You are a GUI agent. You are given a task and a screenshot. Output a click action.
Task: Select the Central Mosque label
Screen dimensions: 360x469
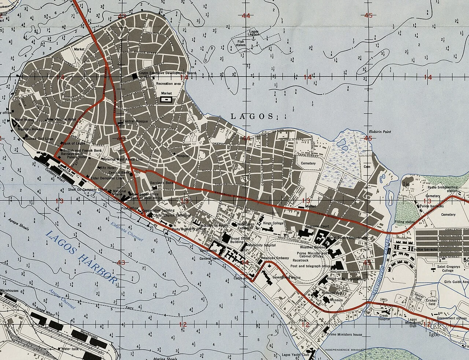[x=135, y=121]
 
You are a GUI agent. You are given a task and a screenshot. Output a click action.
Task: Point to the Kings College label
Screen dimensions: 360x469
[x=273, y=223]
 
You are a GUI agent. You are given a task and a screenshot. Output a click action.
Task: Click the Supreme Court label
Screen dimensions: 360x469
[x=317, y=226]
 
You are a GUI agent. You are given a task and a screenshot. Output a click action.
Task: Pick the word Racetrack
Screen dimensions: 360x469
[x=300, y=260]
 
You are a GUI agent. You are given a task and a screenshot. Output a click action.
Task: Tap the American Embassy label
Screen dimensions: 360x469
[x=275, y=258]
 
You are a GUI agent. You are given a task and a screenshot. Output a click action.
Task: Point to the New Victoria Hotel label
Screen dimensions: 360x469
[x=62, y=119]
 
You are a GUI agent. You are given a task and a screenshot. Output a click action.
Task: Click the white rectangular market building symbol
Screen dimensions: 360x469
[x=166, y=99]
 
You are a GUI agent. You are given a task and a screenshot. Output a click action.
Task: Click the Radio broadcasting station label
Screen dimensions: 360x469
[x=443, y=189]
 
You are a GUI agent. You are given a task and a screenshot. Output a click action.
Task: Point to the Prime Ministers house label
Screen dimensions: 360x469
[x=345, y=334]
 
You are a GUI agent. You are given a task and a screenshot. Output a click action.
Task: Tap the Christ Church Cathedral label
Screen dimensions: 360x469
[x=172, y=216]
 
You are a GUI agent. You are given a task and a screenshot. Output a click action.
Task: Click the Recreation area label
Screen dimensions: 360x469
[x=168, y=84]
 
